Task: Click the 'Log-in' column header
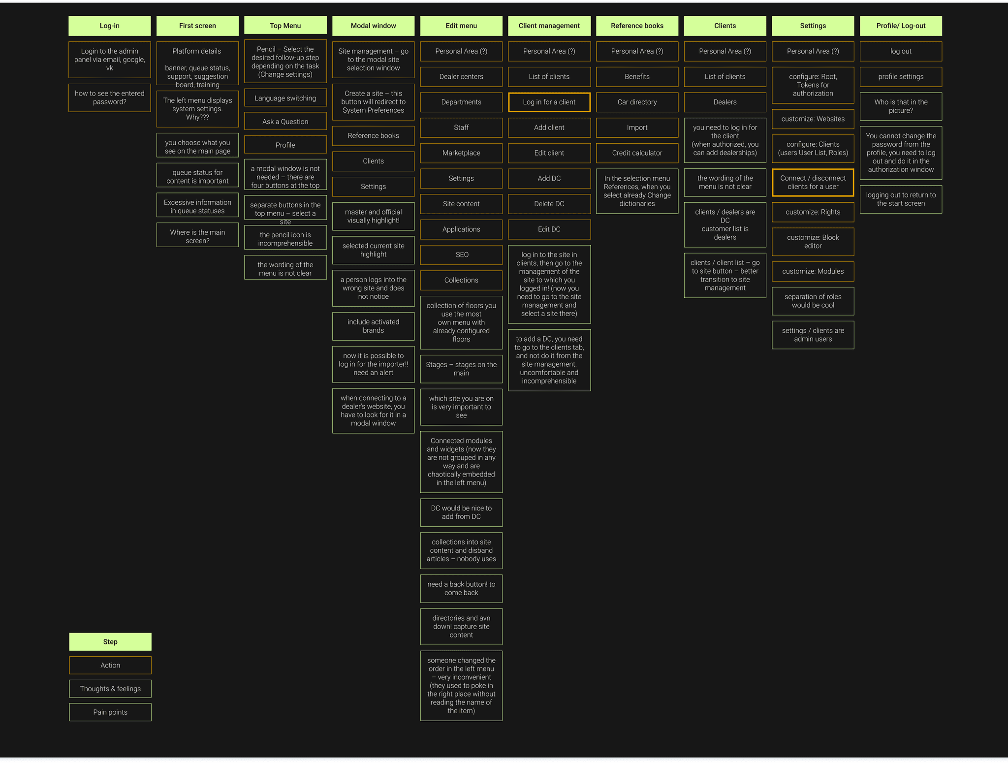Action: pyautogui.click(x=109, y=26)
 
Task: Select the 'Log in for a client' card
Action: pyautogui.click(x=549, y=102)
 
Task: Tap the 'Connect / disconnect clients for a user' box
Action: pyautogui.click(x=813, y=182)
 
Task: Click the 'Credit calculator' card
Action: pyautogui.click(x=637, y=153)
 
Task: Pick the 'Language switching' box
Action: pyautogui.click(x=285, y=98)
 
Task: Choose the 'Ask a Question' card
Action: pyautogui.click(x=285, y=122)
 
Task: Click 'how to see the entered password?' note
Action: pyautogui.click(x=109, y=97)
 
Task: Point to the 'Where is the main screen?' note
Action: pyautogui.click(x=197, y=236)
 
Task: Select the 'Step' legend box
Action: pyautogui.click(x=110, y=641)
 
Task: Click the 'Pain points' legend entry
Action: pyautogui.click(x=110, y=712)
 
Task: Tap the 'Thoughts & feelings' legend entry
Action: pyautogui.click(x=110, y=689)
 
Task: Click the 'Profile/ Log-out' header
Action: pyautogui.click(x=901, y=26)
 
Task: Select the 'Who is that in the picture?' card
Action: pyautogui.click(x=901, y=106)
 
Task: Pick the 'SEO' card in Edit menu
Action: pyautogui.click(x=461, y=254)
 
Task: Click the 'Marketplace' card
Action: pyautogui.click(x=461, y=153)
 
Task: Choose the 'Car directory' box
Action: pyautogui.click(x=637, y=102)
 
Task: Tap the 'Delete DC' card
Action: pyautogui.click(x=549, y=203)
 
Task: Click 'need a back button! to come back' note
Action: pyautogui.click(x=461, y=588)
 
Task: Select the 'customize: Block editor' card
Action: pyautogui.click(x=813, y=241)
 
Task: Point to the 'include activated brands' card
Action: pyautogui.click(x=373, y=326)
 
